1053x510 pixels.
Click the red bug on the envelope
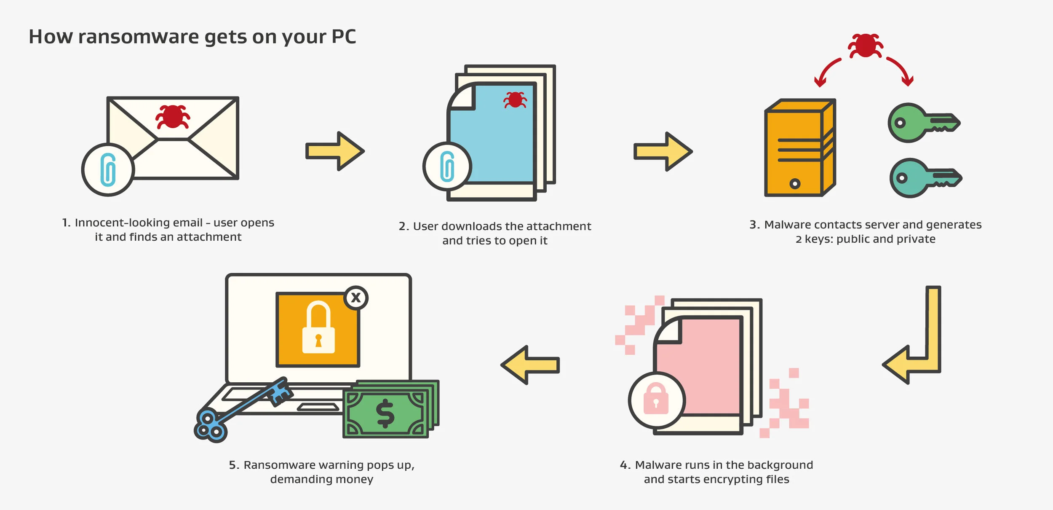point(173,117)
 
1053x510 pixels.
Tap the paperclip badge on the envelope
point(108,169)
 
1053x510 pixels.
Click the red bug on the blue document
point(515,100)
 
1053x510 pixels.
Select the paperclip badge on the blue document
point(447,166)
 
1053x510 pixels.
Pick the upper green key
point(920,123)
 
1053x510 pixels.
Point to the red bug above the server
point(865,45)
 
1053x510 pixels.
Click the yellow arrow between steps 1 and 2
point(335,151)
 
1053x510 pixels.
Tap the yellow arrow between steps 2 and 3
point(663,151)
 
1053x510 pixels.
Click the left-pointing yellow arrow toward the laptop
point(530,365)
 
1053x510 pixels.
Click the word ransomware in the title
point(139,37)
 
